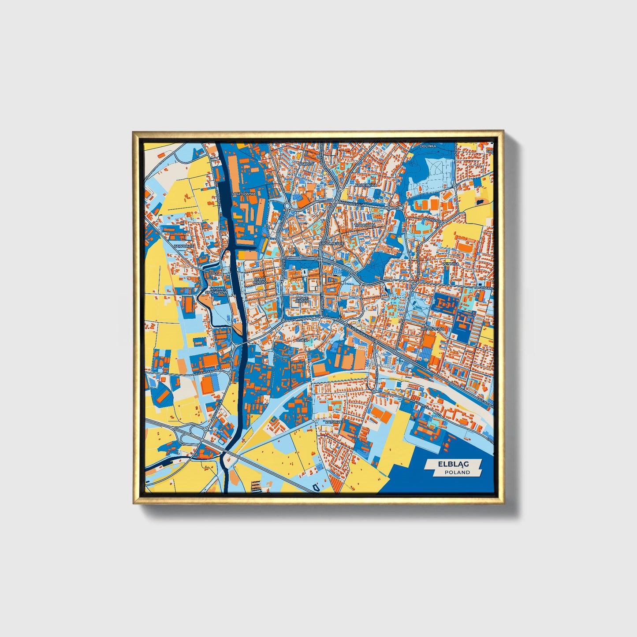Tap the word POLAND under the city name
click(x=457, y=472)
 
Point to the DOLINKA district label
click(x=428, y=146)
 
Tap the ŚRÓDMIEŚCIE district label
click(x=331, y=243)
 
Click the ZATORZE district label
click(x=333, y=421)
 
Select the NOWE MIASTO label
click(x=302, y=299)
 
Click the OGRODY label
click(x=305, y=164)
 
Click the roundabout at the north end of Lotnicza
click(x=374, y=390)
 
